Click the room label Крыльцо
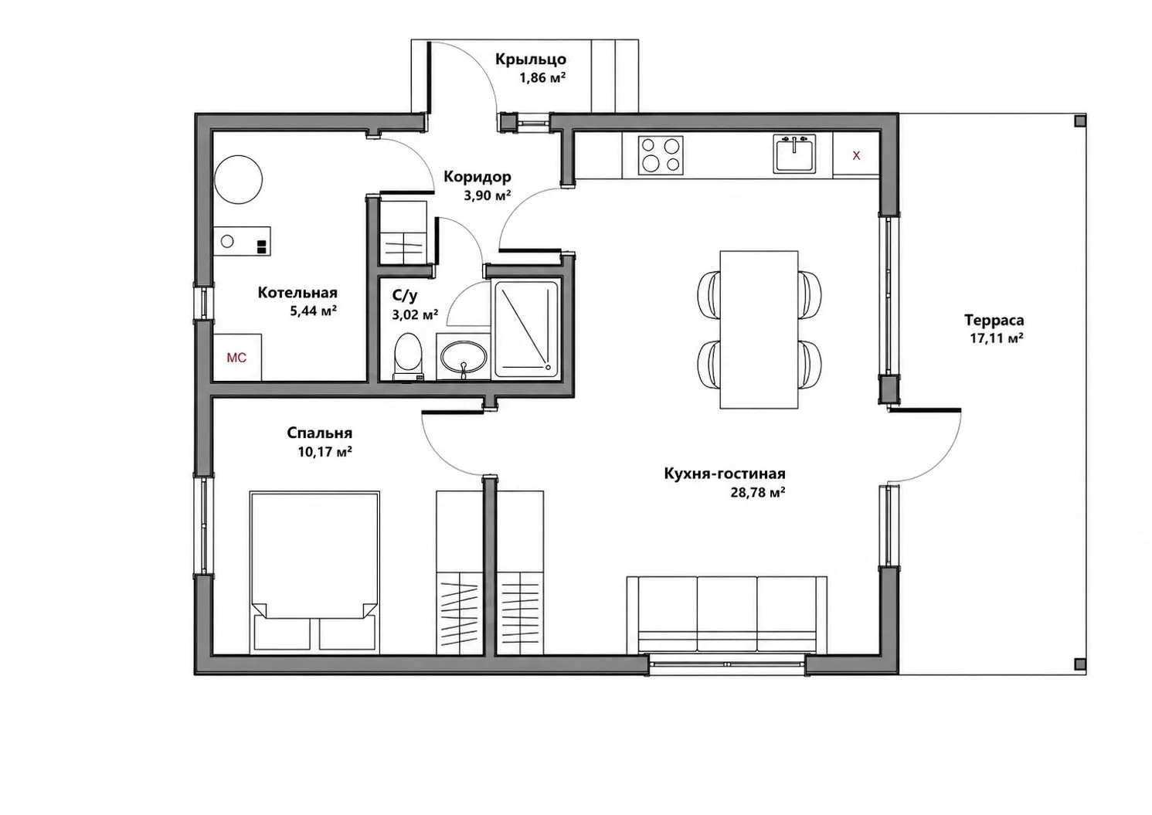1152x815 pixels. pyautogui.click(x=531, y=59)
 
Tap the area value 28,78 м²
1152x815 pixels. pyautogui.click(x=757, y=493)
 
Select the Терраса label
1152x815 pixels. pyautogui.click(x=994, y=321)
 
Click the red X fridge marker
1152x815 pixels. pyautogui.click(x=856, y=155)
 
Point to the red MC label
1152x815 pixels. pyautogui.click(x=236, y=358)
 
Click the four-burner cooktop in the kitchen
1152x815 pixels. pyautogui.click(x=661, y=155)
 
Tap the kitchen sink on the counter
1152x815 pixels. pyautogui.click(x=794, y=154)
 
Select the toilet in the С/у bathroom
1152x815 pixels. pyautogui.click(x=408, y=356)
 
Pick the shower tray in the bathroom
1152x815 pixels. pyautogui.click(x=526, y=329)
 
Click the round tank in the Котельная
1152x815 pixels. pyautogui.click(x=239, y=180)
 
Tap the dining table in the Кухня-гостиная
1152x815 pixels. pyautogui.click(x=759, y=330)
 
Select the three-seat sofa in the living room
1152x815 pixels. pyautogui.click(x=727, y=615)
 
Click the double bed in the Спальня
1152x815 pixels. pyautogui.click(x=314, y=572)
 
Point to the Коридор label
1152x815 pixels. pyautogui.click(x=477, y=177)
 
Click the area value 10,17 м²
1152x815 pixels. pyautogui.click(x=325, y=452)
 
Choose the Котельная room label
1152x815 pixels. pyautogui.click(x=297, y=293)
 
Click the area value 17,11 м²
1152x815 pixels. pyautogui.click(x=996, y=338)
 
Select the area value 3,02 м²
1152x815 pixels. pyautogui.click(x=415, y=314)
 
